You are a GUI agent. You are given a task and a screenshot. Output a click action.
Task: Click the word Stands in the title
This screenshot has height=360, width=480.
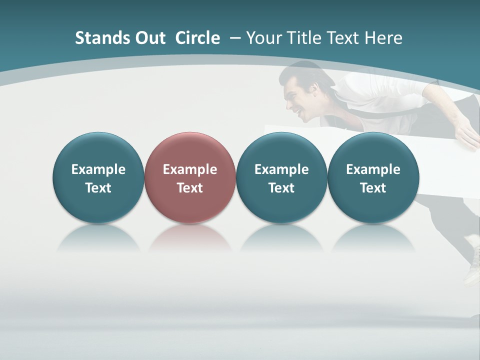(100, 38)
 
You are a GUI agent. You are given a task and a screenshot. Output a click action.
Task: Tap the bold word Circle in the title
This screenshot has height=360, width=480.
(197, 38)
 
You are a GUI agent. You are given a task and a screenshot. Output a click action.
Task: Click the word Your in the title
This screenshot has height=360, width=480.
(263, 38)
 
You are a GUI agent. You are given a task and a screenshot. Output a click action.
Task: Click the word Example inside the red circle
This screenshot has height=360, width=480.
(190, 169)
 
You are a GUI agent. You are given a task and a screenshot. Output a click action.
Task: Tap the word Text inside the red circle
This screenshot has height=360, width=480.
(190, 188)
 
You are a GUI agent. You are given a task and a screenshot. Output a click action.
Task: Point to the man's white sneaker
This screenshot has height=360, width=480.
(472, 265)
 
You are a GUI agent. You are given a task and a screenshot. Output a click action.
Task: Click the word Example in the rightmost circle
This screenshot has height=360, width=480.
(373, 169)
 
